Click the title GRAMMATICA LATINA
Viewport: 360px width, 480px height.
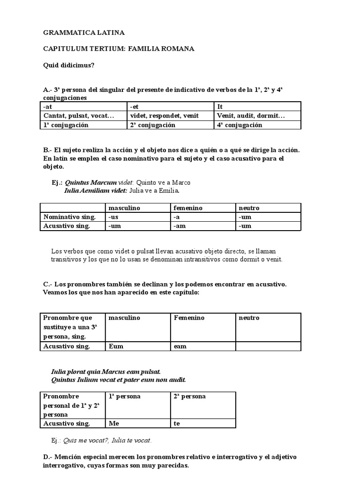tap(84, 33)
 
